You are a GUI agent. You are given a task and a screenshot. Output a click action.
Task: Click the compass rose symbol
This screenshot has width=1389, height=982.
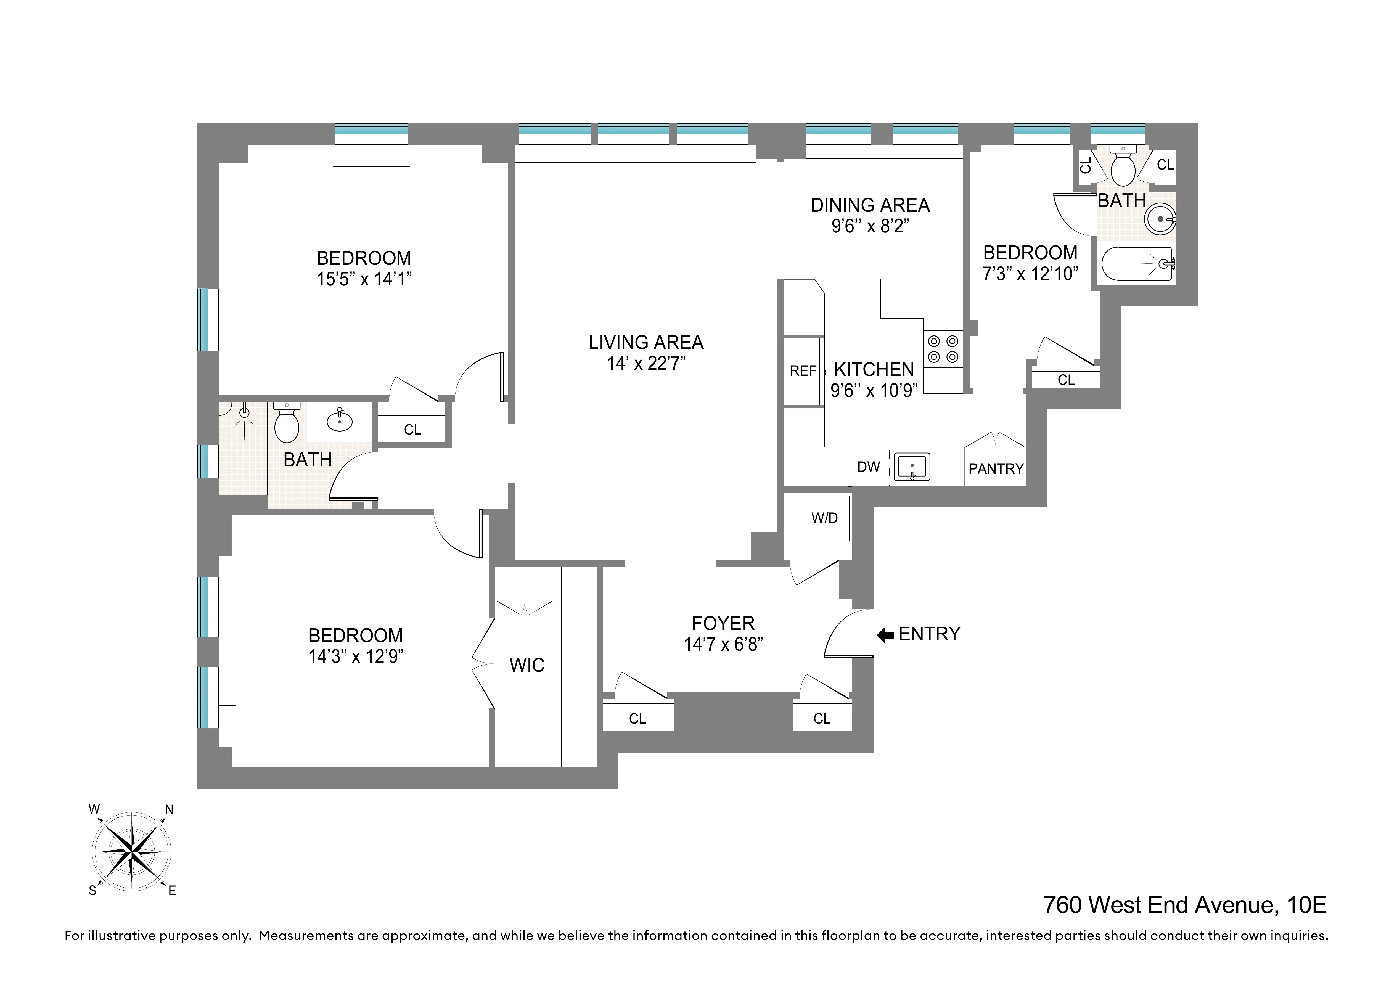coord(131,851)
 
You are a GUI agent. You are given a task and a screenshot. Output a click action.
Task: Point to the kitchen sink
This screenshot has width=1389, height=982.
coord(912,467)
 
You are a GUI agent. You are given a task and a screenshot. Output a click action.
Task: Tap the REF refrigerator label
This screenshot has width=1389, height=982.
coord(802,371)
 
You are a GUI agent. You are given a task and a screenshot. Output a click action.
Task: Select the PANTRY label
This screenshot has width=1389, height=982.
coord(996,469)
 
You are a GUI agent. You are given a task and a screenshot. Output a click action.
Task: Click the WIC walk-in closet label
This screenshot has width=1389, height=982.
coord(527,666)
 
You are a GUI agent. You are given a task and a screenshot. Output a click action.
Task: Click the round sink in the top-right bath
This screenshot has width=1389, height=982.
coord(1160,218)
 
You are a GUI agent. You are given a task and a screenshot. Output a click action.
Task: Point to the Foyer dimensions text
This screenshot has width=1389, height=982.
coord(724,644)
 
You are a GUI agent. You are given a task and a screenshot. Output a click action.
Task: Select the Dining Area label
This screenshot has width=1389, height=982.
coord(870,206)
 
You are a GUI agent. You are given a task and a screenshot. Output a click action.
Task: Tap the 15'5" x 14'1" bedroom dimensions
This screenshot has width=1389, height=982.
coord(364,280)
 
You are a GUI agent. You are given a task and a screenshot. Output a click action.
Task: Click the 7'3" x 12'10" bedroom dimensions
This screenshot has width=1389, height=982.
coord(1030,274)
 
